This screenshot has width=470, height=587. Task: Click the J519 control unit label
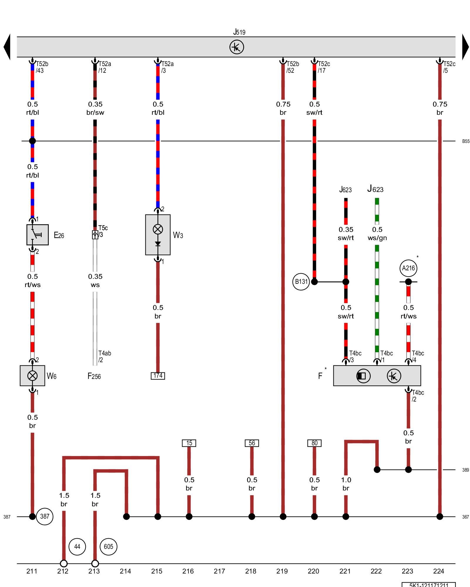point(239,32)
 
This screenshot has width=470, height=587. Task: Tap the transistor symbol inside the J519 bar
point(236,47)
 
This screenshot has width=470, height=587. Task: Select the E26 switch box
point(38,235)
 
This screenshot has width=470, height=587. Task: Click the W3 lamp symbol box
point(158,235)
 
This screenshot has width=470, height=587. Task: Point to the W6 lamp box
point(32,376)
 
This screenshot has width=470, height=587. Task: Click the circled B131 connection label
point(301,282)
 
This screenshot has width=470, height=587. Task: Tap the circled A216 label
point(408,268)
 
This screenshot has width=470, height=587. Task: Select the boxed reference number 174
point(158,376)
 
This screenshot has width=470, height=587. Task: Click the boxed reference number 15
point(189,443)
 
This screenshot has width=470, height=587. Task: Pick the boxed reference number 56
point(252,443)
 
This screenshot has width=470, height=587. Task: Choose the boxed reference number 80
point(314,443)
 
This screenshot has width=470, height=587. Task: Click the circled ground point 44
point(77,546)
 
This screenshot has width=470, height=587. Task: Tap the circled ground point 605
point(108,546)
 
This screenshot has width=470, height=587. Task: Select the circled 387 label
point(45,516)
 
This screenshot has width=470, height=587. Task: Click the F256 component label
point(94,376)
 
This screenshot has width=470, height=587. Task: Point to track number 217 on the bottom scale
point(219,571)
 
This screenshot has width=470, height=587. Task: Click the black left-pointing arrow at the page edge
point(7,47)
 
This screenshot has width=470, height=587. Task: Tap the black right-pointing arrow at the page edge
point(465,47)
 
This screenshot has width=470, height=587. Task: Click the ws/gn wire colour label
point(377,238)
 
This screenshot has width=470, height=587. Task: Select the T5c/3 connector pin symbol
point(95,235)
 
